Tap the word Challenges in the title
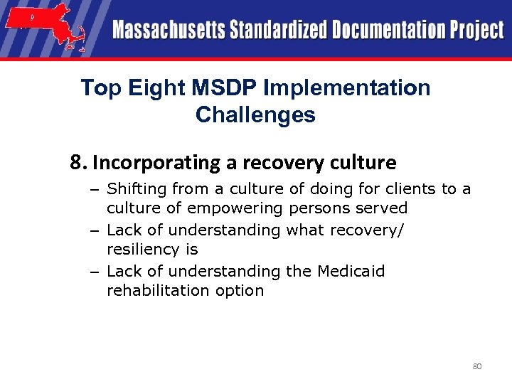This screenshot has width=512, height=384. coord(255,114)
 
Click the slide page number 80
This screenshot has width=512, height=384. coord(477,366)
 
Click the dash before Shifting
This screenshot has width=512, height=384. coord(95,189)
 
